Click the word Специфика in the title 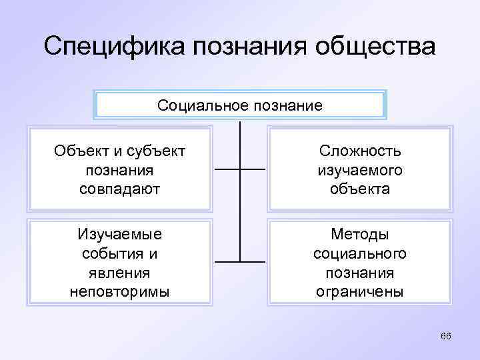pyautogui.click(x=113, y=47)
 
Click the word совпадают pyautogui.click(x=119, y=189)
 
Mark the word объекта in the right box pyautogui.click(x=359, y=189)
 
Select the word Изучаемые pyautogui.click(x=119, y=235)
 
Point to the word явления pyautogui.click(x=119, y=273)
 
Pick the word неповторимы pyautogui.click(x=119, y=291)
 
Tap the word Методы pyautogui.click(x=359, y=235)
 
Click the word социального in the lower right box pyautogui.click(x=359, y=254)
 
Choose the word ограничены pyautogui.click(x=359, y=291)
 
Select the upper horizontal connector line pyautogui.click(x=240, y=169)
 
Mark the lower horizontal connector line pyautogui.click(x=240, y=261)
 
